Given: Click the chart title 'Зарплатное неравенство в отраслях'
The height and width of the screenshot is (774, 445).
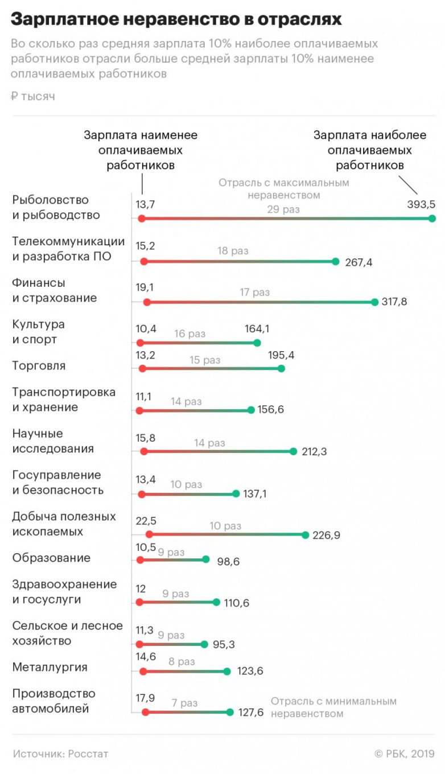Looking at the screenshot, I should pos(176,20).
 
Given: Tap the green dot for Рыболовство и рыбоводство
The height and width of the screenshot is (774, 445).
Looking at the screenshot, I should pos(432,219).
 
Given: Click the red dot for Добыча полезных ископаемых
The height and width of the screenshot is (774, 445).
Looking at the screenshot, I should pos(149,534).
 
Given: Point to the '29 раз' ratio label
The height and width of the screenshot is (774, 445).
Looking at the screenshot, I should pos(283,209).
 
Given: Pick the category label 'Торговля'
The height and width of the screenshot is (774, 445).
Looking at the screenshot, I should pos(39,365).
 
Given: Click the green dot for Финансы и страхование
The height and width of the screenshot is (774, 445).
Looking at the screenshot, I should pos(374,302).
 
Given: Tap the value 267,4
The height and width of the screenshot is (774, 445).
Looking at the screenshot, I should pos(359,262).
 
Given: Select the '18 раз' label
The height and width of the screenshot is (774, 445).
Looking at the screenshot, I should pos(233,250).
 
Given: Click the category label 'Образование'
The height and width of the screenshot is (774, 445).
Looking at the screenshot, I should pos(51,558).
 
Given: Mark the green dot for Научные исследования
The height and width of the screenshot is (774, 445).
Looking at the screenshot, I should pos(293,451).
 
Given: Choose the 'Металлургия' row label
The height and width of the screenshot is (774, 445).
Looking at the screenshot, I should pos(50,667).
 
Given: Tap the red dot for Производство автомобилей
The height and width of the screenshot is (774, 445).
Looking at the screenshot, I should pos(145,712).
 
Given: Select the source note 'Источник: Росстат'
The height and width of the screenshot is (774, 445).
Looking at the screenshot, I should pos(60,754).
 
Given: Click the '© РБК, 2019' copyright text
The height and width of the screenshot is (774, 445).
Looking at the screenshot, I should pos(404,754).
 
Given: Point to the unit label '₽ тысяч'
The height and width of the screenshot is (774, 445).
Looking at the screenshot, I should pos(33,96).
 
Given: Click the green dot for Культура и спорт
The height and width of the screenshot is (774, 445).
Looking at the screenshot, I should pos(257,343).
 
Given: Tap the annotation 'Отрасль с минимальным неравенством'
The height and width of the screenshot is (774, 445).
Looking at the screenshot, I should pos(333,707).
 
